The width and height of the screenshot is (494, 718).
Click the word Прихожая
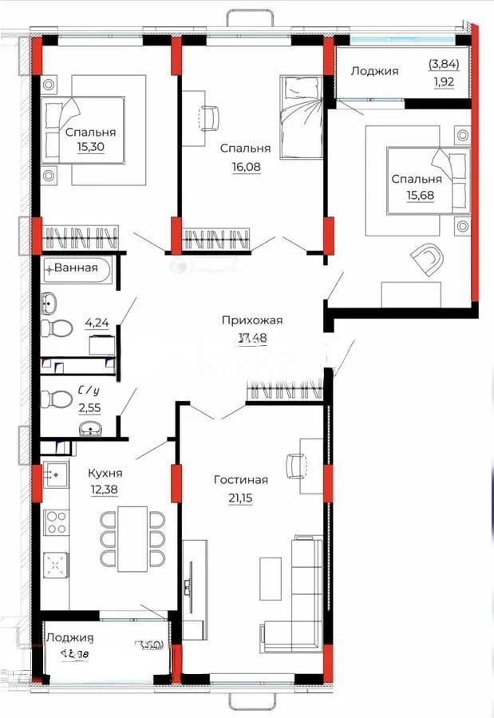pos(252,320)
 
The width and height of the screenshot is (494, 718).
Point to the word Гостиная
pos(240,480)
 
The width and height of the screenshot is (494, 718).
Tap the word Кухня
pos(105,473)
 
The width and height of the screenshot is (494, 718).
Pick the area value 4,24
pos(97,323)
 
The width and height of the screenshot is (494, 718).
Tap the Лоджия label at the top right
pos(374,71)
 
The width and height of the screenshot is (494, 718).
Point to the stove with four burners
pos(56,522)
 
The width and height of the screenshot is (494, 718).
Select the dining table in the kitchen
pos(133,538)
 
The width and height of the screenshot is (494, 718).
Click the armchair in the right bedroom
pos(428,259)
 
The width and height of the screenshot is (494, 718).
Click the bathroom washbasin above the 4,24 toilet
pos(51,303)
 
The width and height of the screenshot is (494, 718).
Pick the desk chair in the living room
pos(295,464)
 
